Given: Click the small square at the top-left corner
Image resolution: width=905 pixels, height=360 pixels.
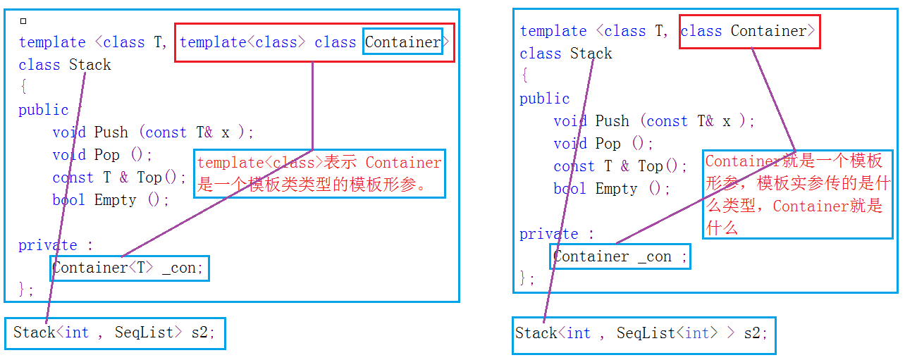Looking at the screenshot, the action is pyautogui.click(x=23, y=21).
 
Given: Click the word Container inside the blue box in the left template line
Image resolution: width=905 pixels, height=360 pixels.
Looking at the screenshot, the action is pyautogui.click(x=402, y=42).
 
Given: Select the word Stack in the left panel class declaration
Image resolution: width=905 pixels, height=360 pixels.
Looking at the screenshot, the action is pyautogui.click(x=90, y=65).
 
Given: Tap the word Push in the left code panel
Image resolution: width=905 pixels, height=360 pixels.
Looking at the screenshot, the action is pyautogui.click(x=111, y=132).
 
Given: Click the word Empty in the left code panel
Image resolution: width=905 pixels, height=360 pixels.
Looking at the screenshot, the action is pyautogui.click(x=115, y=200).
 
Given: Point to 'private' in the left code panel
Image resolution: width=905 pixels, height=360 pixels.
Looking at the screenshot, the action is pyautogui.click(x=48, y=245).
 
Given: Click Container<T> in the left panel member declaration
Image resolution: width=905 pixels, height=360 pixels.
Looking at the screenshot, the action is pyautogui.click(x=103, y=268).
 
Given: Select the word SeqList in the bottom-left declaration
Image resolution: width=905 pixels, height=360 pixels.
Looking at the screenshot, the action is pyautogui.click(x=144, y=332).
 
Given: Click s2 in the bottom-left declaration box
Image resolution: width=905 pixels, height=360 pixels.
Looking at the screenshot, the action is pyautogui.click(x=199, y=332).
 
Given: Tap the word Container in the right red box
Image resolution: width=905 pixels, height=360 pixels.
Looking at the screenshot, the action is pyautogui.click(x=768, y=31).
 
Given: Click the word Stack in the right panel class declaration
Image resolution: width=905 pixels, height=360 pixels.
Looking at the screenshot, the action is pyautogui.click(x=591, y=54).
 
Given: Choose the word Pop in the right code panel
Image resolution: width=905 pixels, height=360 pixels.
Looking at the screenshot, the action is pyautogui.click(x=608, y=144).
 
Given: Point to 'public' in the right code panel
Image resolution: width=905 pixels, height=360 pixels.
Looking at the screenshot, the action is pyautogui.click(x=544, y=99).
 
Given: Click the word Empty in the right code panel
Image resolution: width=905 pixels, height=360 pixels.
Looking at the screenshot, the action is pyautogui.click(x=616, y=189).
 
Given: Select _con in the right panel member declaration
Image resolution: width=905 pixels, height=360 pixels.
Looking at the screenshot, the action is pyautogui.click(x=655, y=256).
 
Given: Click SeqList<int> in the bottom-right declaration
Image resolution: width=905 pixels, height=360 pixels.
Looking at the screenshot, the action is pyautogui.click(x=667, y=333).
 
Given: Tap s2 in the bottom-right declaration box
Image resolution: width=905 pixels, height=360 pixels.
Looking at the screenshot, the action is pyautogui.click(x=752, y=333).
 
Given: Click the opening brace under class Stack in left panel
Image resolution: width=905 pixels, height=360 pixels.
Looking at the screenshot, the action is pyautogui.click(x=24, y=87).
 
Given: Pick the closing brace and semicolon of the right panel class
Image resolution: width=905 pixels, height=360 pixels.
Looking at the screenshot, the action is pyautogui.click(x=527, y=278).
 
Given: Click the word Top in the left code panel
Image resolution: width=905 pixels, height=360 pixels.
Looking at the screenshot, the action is pyautogui.click(x=149, y=178).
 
